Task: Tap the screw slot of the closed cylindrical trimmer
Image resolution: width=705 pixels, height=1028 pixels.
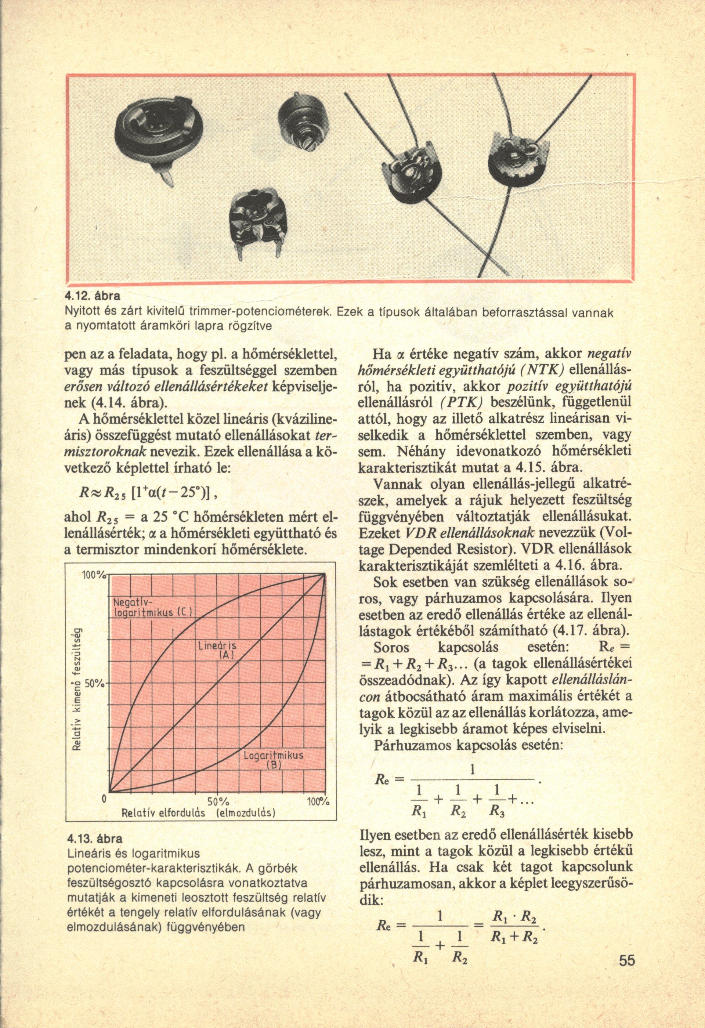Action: (307, 142)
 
